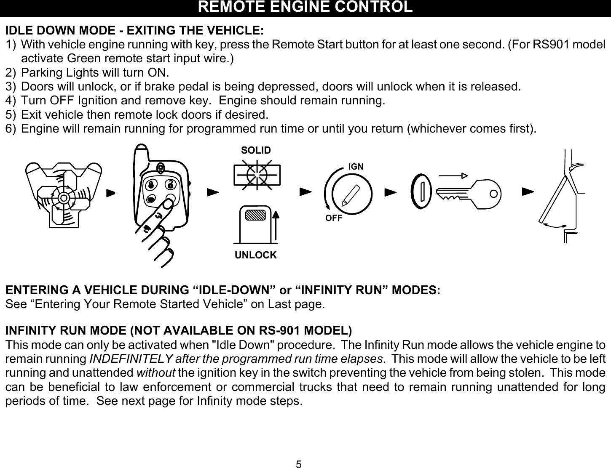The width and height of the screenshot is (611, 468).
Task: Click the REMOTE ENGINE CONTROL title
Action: click(305, 7)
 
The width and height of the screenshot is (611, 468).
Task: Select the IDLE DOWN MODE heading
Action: click(134, 31)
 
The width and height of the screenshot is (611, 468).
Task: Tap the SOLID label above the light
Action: click(256, 150)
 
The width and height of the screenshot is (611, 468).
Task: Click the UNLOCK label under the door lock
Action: click(256, 255)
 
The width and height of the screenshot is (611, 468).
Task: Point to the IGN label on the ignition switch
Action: click(356, 167)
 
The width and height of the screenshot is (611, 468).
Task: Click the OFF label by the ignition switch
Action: click(333, 218)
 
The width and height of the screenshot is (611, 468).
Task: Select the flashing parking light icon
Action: click(257, 173)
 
